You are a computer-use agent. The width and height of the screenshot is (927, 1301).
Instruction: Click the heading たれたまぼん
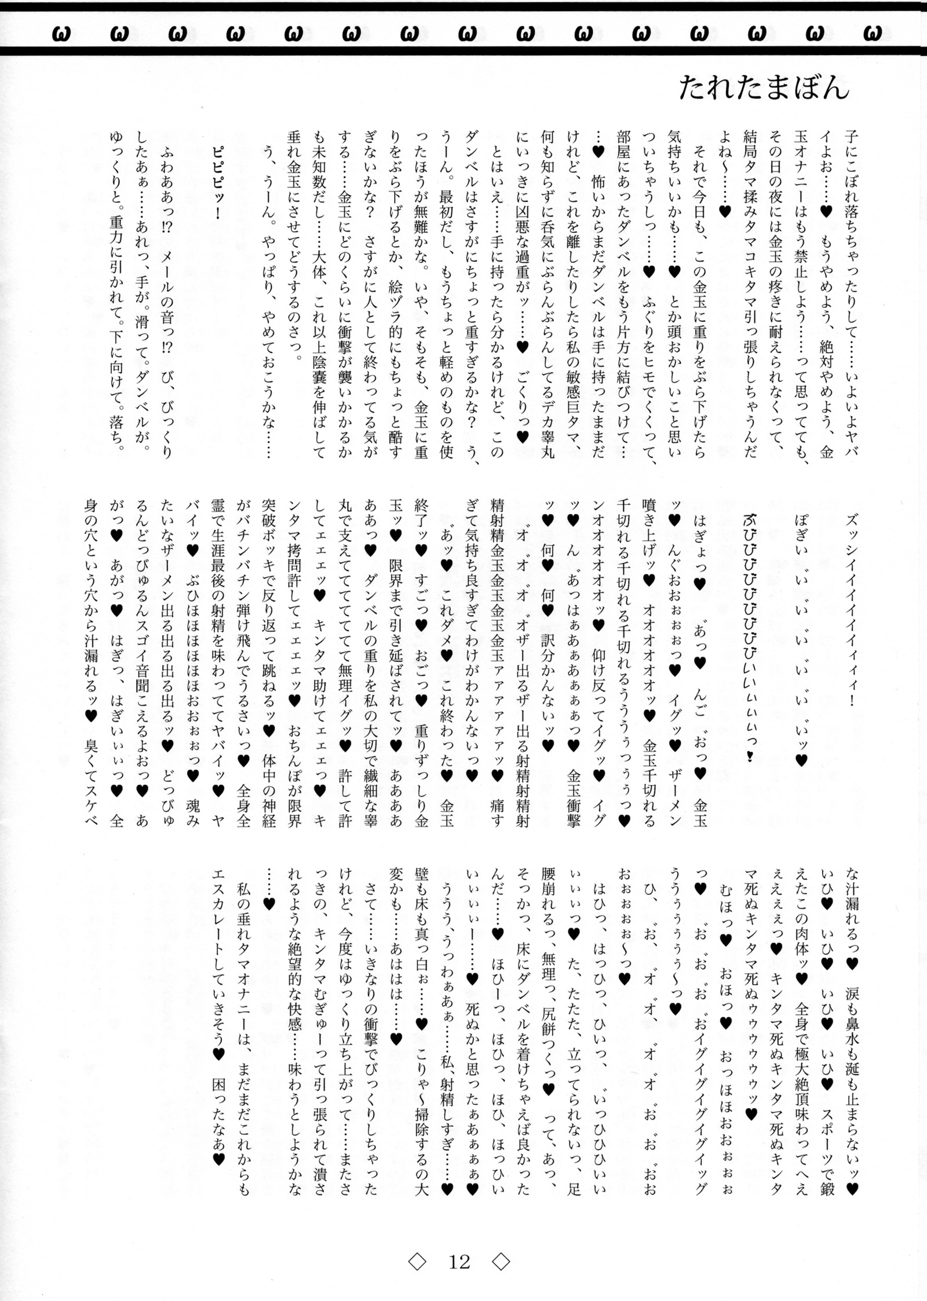click(764, 90)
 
